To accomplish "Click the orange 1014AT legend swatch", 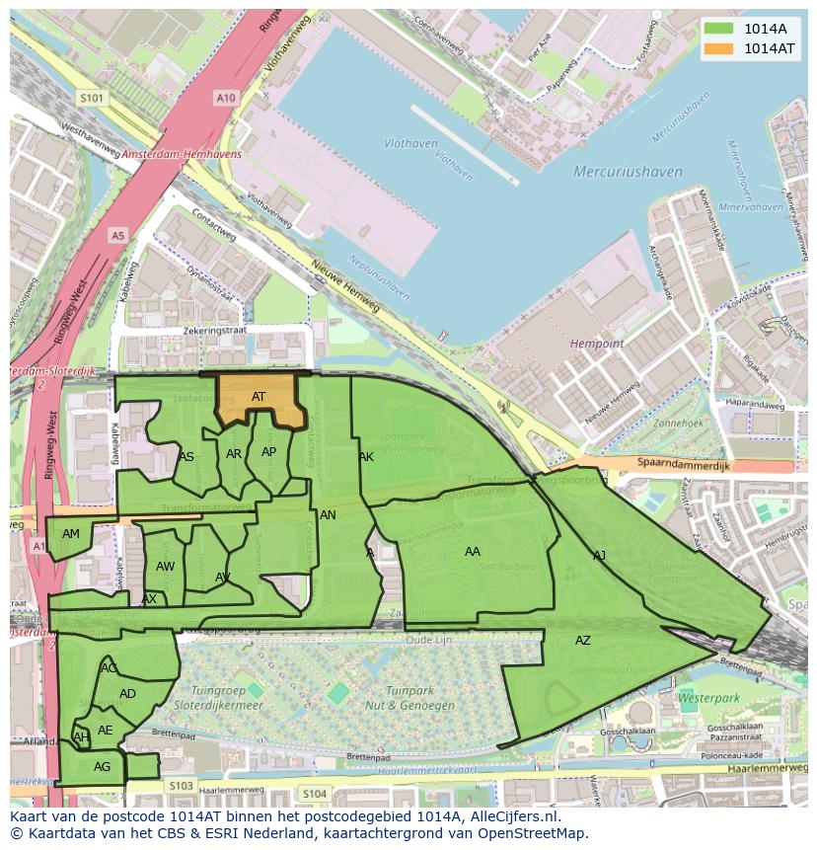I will (x=719, y=48).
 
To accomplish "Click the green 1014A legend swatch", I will (x=719, y=29).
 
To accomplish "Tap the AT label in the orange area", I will (x=259, y=397).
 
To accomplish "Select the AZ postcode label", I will (x=583, y=641).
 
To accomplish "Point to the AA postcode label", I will (x=473, y=552).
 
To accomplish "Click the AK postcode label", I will (x=366, y=457).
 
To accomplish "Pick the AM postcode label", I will (x=71, y=534).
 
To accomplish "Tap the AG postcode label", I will (x=102, y=767).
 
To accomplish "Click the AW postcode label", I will (x=165, y=567).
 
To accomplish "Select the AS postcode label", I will (x=186, y=457).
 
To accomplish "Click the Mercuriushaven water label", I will (x=628, y=172).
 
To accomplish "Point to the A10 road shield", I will (x=226, y=97).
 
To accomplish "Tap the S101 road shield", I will (x=92, y=98).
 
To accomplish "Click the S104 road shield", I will (x=314, y=794).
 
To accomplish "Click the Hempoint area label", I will (x=597, y=344).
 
